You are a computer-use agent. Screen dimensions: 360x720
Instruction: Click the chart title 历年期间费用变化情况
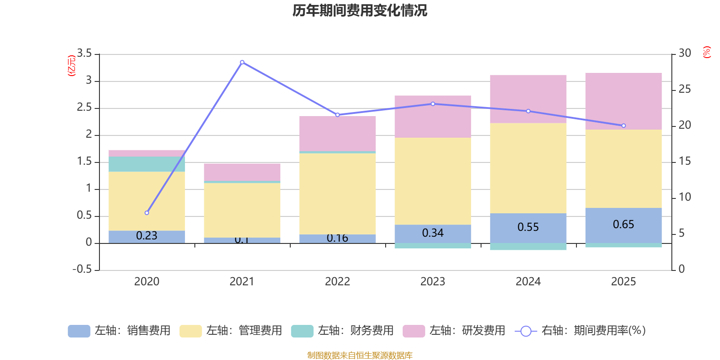360,10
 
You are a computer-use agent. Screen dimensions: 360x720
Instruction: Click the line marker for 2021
242,62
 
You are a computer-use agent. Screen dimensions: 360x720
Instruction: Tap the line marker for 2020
147,213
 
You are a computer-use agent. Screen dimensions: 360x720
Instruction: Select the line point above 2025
623,126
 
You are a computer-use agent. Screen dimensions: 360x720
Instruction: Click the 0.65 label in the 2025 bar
623,224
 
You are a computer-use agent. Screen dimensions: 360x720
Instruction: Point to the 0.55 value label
528,227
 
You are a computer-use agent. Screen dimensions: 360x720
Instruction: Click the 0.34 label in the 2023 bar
432,233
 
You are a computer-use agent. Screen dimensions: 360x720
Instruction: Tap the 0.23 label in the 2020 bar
147,236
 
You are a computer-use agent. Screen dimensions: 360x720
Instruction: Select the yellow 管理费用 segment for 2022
337,193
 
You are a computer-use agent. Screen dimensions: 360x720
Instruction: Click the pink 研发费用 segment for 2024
528,99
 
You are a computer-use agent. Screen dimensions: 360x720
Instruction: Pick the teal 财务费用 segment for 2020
147,164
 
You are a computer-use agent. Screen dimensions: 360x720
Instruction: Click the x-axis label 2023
432,282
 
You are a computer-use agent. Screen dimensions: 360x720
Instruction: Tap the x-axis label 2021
242,282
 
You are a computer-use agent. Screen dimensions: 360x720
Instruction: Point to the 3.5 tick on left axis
84,54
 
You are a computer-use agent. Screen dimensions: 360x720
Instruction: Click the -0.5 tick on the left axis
82,269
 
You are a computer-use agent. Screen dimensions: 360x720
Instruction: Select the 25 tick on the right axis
684,89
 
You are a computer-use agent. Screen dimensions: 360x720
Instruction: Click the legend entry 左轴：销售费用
119,331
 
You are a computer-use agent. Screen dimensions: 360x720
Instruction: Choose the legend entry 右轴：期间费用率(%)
580,331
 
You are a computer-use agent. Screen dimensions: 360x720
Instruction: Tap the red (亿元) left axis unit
71,66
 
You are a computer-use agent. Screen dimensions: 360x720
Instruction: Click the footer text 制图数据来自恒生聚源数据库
360,355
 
